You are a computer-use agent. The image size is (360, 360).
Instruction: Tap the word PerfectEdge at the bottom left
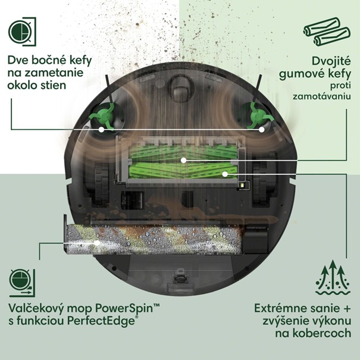click(101, 321)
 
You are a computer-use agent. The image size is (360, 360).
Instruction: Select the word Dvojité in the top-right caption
click(331, 61)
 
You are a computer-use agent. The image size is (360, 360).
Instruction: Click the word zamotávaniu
click(322, 96)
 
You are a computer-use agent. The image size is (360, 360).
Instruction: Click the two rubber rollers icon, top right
click(327, 32)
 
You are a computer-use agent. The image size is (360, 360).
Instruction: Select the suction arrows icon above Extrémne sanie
click(333, 278)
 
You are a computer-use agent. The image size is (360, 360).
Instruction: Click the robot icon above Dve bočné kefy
click(22, 32)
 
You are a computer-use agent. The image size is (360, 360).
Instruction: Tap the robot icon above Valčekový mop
click(22, 283)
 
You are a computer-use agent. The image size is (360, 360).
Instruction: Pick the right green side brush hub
click(259, 115)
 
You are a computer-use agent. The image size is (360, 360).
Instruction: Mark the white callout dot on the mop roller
click(97, 243)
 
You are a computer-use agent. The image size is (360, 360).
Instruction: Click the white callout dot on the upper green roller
click(183, 160)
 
